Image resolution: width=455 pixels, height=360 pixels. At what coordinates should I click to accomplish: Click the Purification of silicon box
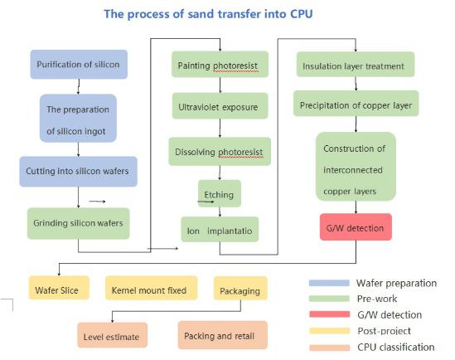pos(79,64)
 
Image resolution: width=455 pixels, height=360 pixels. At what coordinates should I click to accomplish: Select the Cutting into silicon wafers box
pos(79,171)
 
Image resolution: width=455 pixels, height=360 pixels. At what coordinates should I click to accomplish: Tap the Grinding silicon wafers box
pos(79,223)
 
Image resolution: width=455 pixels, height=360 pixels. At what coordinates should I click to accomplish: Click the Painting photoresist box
pos(220,65)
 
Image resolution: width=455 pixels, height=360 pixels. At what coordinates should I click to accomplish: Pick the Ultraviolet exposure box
pos(220,106)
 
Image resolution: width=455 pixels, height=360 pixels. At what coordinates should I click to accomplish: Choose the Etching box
pos(220,193)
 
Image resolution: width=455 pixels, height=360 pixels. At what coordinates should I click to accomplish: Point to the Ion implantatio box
pos(220,229)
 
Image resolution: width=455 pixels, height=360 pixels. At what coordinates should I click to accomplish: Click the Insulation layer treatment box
pos(356,64)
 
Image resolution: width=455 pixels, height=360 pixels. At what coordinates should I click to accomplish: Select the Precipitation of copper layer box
pos(356,104)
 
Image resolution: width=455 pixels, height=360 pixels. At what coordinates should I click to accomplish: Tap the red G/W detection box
pos(356,227)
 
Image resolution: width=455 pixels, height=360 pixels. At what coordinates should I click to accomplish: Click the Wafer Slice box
pos(59,288)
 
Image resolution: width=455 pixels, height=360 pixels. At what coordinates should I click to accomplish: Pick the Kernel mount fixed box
pos(151,288)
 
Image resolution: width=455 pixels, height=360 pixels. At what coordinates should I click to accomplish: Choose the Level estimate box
pos(112,335)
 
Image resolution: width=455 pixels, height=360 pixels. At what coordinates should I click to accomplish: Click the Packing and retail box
pos(223,335)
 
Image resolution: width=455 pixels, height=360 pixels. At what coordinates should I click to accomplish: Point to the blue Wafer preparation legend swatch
pos(329,283)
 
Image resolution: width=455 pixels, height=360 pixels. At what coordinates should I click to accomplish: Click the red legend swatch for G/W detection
pos(329,314)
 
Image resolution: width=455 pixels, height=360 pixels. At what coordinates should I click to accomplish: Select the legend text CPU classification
pos(396,347)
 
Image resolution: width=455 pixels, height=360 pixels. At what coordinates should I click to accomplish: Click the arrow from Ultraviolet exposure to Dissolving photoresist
pos(220,128)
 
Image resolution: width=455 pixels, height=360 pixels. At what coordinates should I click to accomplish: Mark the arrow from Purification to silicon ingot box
pos(79,86)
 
